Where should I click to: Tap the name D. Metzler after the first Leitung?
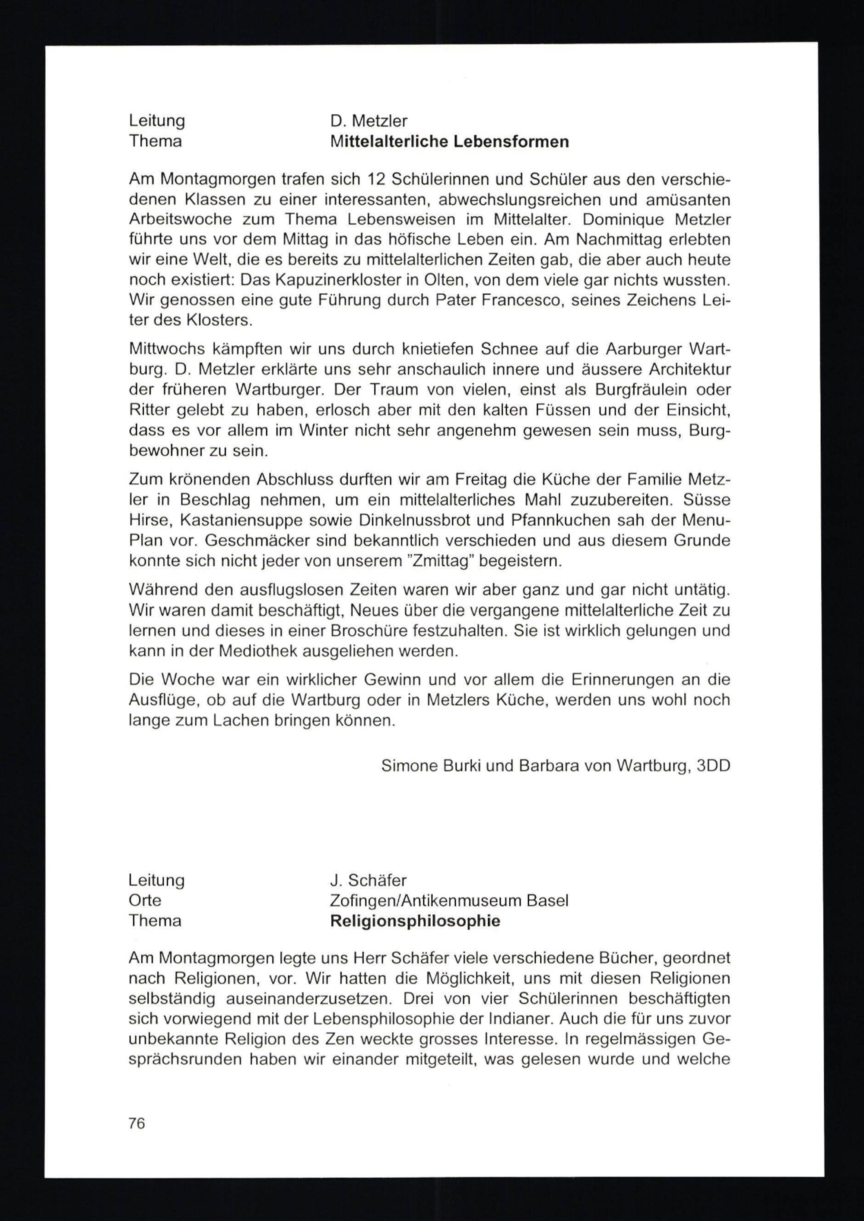click(368, 121)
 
